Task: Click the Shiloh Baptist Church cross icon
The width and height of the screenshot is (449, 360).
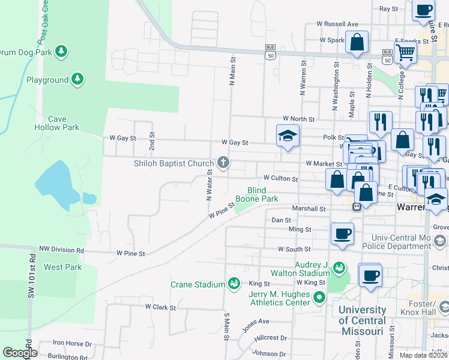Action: [223, 162]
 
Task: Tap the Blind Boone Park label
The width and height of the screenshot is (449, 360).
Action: [256, 194]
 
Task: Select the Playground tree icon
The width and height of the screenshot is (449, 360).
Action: [77, 79]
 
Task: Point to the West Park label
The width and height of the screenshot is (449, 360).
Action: [62, 267]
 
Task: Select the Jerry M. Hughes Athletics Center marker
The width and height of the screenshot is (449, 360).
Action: [319, 296]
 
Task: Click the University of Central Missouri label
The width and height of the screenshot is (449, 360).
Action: [361, 321]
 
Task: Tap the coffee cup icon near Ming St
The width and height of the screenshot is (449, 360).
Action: [342, 233]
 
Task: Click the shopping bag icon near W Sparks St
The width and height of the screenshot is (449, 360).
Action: [357, 42]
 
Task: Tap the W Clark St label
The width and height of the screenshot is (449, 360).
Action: [160, 307]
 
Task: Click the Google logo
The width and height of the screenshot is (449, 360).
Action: [19, 353]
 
